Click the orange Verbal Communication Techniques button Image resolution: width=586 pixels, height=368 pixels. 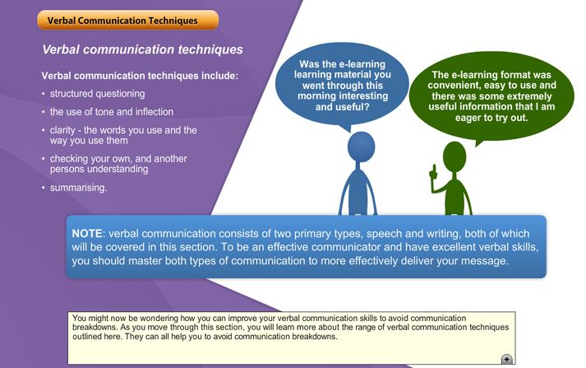pos(128,21)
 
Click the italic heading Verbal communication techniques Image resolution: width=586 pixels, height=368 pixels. pos(142,49)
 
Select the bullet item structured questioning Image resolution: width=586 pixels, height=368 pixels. pos(98,94)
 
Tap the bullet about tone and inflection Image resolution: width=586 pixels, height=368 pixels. pos(112,112)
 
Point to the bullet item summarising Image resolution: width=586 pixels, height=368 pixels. pos(78,188)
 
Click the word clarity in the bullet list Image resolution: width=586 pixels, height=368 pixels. pos(62,130)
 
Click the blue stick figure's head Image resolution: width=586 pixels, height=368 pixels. pos(361,147)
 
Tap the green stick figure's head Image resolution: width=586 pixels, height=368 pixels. pos(454,156)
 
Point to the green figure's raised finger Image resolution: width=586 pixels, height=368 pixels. pos(434,170)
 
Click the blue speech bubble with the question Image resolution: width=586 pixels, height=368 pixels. pos(342,85)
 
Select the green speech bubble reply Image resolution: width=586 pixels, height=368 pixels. pos(491,96)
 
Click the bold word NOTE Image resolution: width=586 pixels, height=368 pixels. pos(87,234)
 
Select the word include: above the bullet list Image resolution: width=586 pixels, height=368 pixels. pos(219,76)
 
